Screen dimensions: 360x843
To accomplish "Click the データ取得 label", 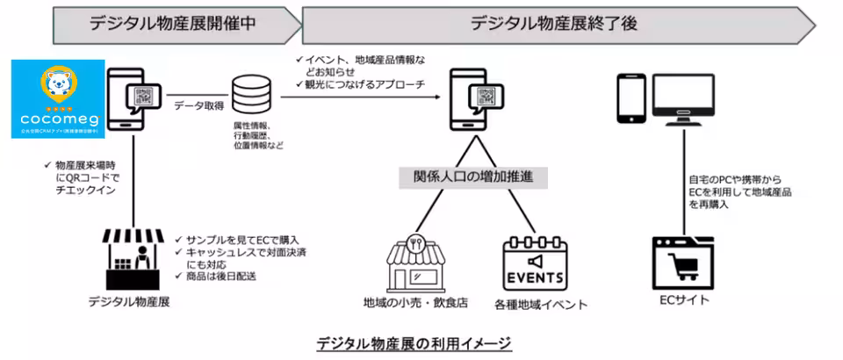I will coord(198,105).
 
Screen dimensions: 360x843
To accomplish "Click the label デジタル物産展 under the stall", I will coord(128,301).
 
